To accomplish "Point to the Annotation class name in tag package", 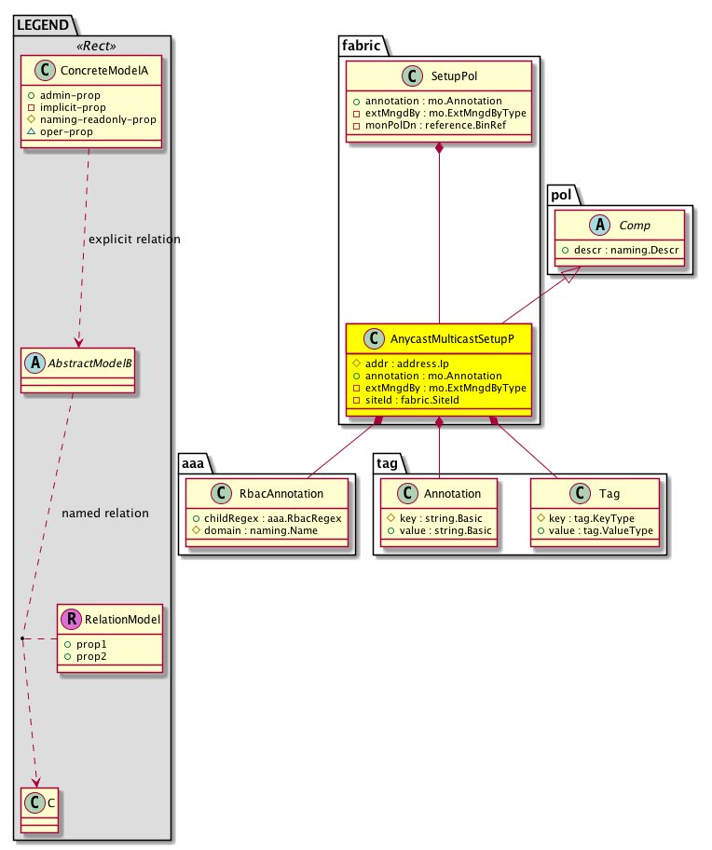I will [452, 494].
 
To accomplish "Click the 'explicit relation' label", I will [134, 240].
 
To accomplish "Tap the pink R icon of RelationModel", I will [70, 619].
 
